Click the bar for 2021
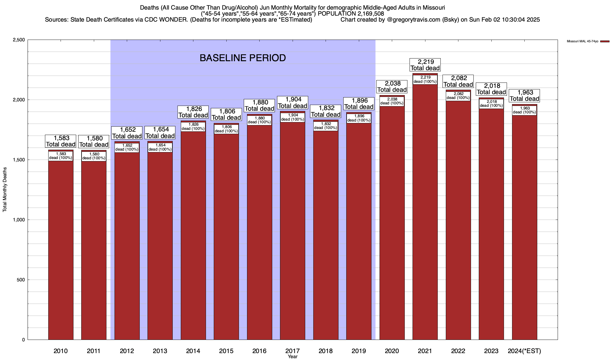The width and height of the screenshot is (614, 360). click(425, 210)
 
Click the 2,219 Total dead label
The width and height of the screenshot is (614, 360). click(425, 65)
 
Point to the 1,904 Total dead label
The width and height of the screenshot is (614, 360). click(292, 103)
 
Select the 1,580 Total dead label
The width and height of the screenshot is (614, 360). click(94, 142)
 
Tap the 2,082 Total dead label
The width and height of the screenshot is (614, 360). click(458, 81)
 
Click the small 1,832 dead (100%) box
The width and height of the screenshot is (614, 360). click(326, 126)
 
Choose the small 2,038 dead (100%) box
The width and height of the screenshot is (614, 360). click(392, 101)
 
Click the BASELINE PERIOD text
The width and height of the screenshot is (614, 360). click(243, 58)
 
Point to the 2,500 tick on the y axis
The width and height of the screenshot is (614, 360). click(19, 40)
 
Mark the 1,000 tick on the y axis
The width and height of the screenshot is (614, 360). click(19, 220)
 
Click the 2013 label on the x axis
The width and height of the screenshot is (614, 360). click(160, 351)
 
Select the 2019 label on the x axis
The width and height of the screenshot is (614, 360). click(359, 351)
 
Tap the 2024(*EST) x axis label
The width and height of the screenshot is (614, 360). click(524, 351)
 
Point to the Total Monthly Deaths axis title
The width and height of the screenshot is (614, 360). click(5, 190)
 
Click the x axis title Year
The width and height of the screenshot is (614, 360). click(292, 357)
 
